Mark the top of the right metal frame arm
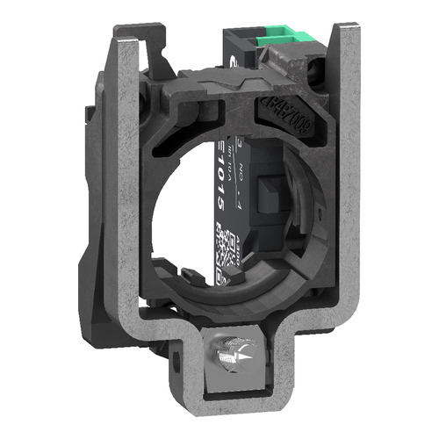tap(338, 63)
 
